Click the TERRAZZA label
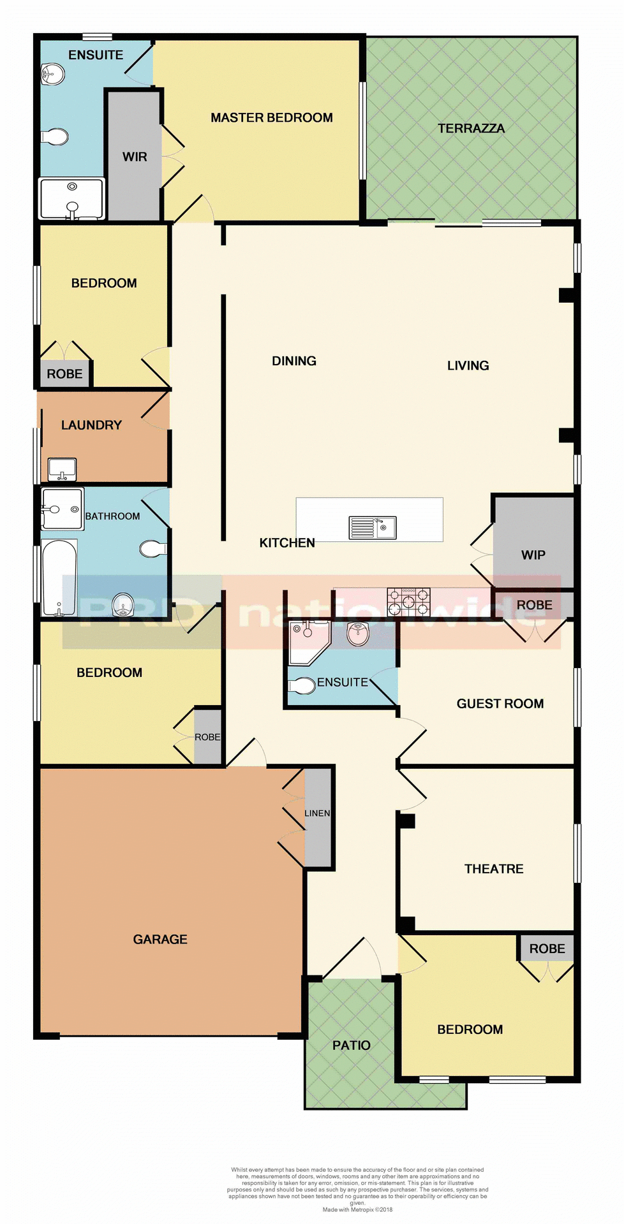click(471, 128)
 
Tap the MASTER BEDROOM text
click(272, 117)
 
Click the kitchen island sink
click(373, 528)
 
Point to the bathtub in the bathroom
click(59, 578)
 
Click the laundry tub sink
click(63, 470)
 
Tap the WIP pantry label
click(533, 555)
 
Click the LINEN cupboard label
click(317, 813)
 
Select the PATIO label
click(351, 1045)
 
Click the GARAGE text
click(160, 939)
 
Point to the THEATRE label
click(494, 868)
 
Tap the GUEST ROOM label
click(500, 703)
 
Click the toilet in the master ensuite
click(56, 136)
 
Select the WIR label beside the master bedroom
click(135, 156)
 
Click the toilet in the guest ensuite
click(302, 686)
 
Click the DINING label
click(294, 361)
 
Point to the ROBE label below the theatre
click(547, 949)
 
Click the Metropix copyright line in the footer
click(357, 1209)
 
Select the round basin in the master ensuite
click(52, 75)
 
